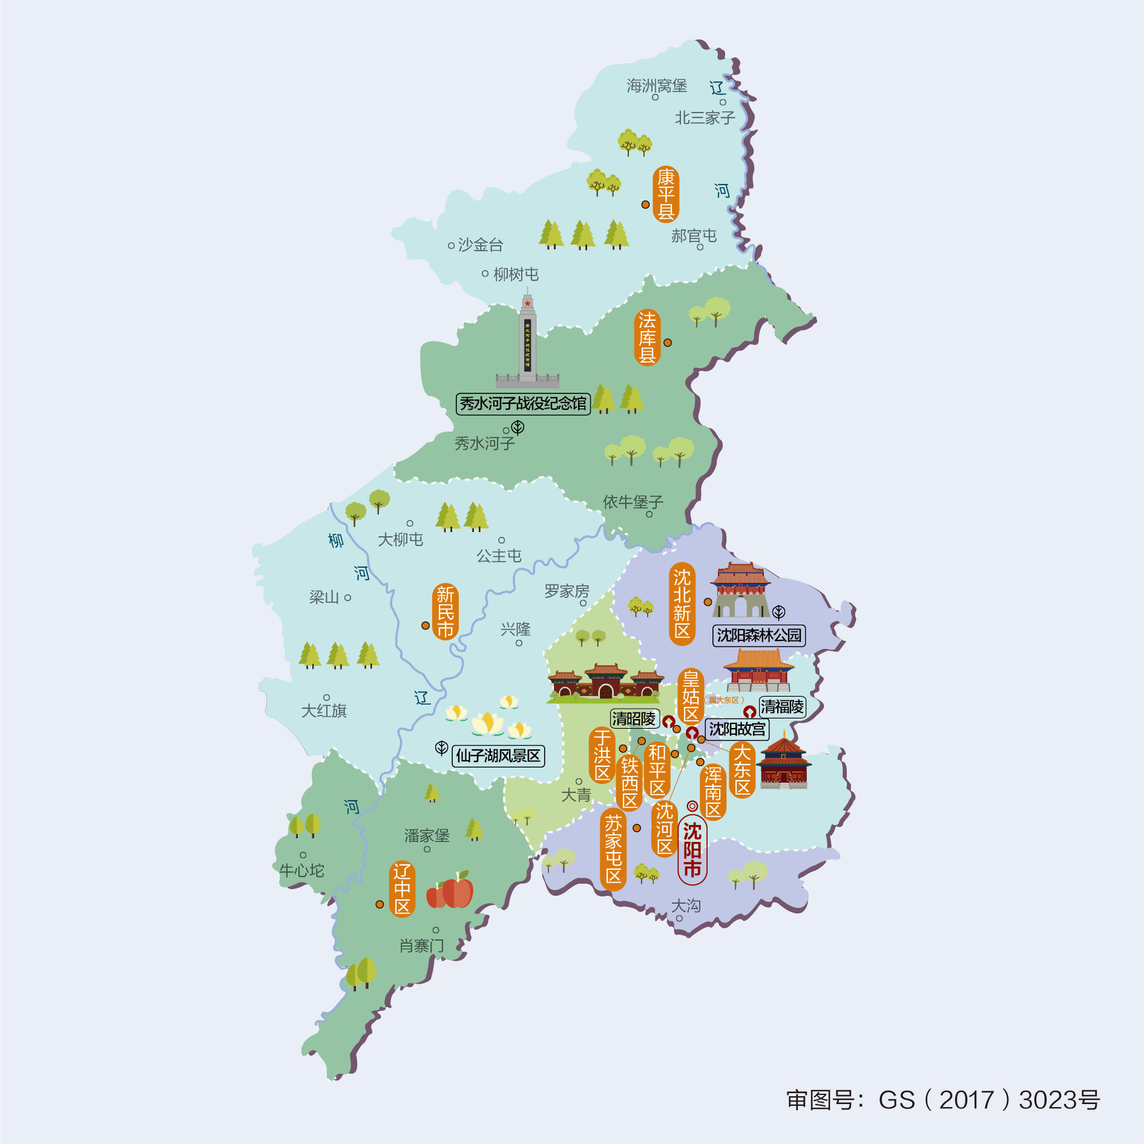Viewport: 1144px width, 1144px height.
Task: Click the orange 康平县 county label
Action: [x=666, y=194]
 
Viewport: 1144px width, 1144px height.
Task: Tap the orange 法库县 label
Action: [x=647, y=337]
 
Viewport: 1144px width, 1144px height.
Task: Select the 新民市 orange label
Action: [x=445, y=611]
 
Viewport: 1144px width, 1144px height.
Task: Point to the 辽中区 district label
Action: [x=402, y=889]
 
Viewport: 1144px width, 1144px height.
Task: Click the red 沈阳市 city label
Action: [x=692, y=850]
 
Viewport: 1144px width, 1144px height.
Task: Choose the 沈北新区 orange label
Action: [x=682, y=603]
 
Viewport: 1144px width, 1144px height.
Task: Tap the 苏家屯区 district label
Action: [x=613, y=849]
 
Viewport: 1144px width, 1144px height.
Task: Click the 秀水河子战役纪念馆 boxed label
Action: [x=523, y=404]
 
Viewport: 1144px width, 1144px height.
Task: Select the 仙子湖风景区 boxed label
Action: [x=498, y=755]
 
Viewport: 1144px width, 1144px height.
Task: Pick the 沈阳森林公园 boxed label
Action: [x=759, y=635]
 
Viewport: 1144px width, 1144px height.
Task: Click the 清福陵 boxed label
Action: [x=782, y=706]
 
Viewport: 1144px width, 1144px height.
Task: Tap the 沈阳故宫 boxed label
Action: [x=737, y=729]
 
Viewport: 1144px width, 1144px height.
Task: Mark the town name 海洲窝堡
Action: [x=657, y=86]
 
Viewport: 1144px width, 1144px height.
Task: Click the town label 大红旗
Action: [x=324, y=711]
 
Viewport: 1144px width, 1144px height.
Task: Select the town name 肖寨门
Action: [x=421, y=945]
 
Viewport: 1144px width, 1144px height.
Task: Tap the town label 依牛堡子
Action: [x=633, y=502]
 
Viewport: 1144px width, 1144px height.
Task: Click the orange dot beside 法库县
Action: [x=668, y=343]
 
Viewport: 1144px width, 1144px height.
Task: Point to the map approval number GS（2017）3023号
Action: [x=942, y=1100]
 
